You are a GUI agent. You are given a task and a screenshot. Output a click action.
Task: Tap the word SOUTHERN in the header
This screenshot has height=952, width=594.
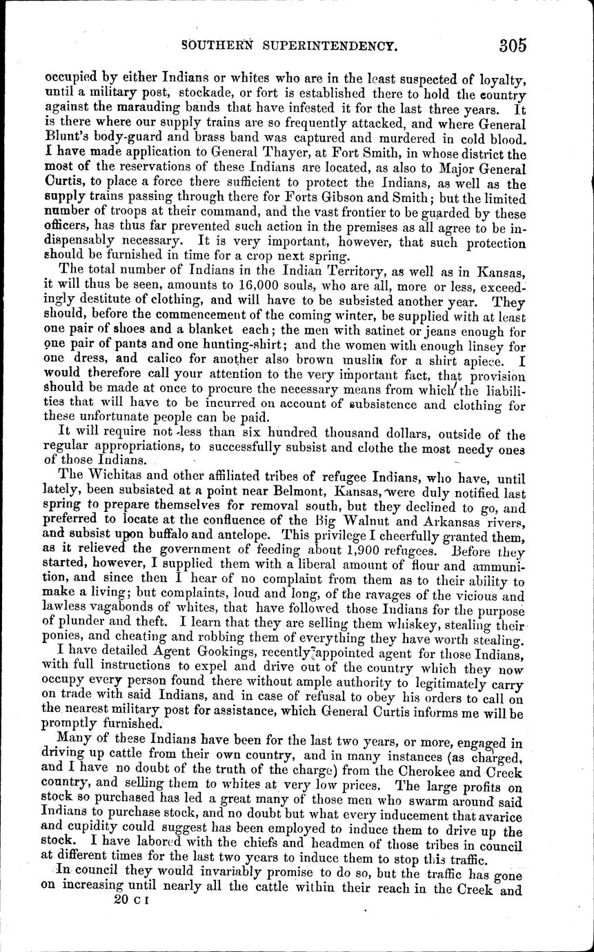(x=220, y=48)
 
